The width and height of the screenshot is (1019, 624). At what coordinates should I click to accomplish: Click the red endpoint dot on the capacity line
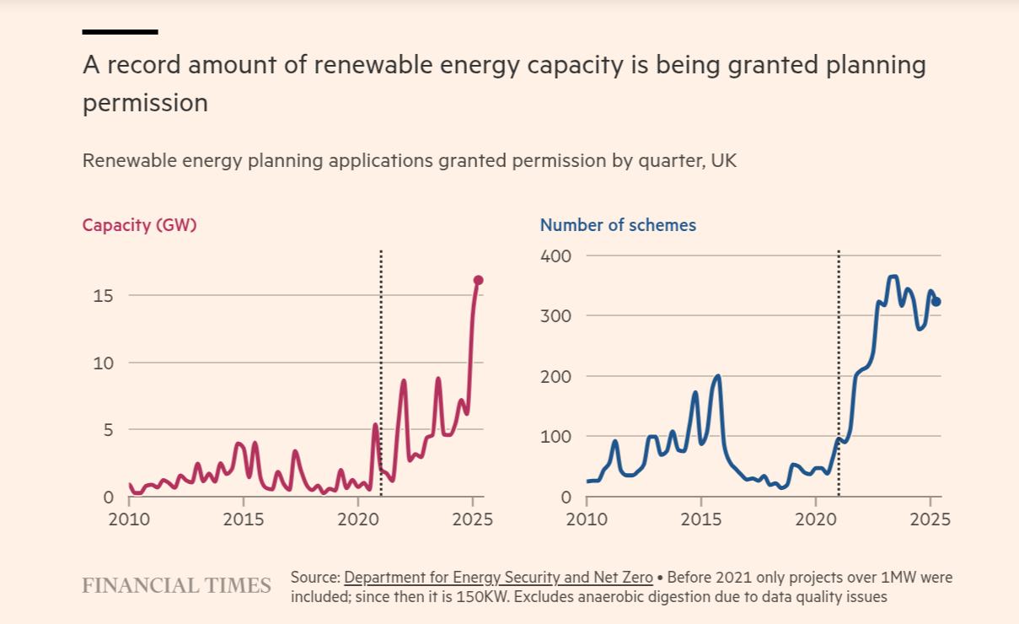(x=478, y=280)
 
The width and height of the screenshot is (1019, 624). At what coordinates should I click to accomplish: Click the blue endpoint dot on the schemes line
(x=936, y=302)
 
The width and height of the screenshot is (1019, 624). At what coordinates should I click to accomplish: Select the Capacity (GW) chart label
(x=139, y=225)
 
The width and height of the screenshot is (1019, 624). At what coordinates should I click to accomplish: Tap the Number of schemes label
(x=618, y=225)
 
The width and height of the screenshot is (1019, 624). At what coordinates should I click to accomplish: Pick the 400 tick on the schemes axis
(x=555, y=256)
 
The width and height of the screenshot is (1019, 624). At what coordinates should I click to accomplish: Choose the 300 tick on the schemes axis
(x=555, y=316)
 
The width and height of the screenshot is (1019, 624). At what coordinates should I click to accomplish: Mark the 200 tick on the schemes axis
(x=555, y=376)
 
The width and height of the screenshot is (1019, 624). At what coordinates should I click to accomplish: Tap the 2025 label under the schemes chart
(x=931, y=518)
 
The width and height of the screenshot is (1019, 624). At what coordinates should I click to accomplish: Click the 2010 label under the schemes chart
(x=587, y=518)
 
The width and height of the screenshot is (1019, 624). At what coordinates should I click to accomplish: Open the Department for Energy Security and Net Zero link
(x=498, y=578)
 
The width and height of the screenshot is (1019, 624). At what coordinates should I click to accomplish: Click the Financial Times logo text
(x=176, y=585)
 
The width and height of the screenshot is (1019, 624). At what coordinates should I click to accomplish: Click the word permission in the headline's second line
(x=145, y=103)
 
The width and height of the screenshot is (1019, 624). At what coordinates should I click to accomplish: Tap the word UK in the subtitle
(x=724, y=160)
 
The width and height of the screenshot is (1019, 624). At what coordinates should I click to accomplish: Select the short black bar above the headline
(x=120, y=32)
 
